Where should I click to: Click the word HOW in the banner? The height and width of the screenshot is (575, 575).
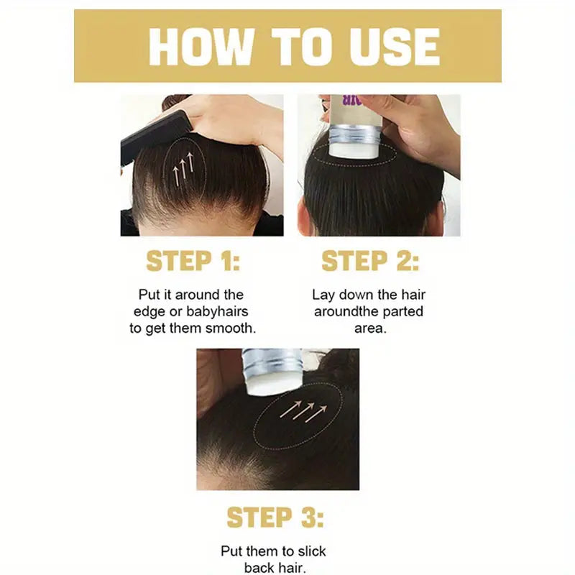coord(192,47)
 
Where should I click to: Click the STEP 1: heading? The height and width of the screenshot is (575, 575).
coord(193,261)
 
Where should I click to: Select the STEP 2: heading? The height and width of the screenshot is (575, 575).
coord(369,261)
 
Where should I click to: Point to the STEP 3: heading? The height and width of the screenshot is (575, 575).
coord(275,517)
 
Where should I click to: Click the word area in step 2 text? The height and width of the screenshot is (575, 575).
coord(369,328)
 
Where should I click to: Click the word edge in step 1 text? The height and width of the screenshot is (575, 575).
coord(150,311)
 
